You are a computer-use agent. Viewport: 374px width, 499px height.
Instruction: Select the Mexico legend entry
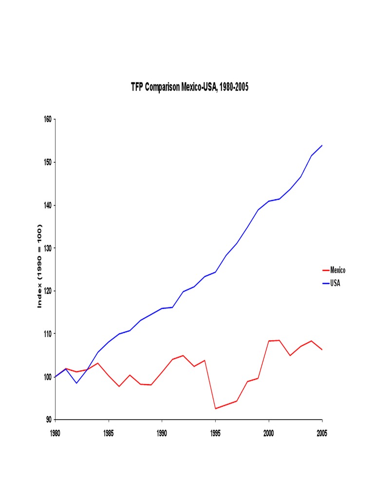[337, 270]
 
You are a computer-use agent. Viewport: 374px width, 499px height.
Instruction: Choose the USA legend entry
[335, 283]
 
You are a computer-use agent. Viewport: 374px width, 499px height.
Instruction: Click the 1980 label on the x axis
[56, 434]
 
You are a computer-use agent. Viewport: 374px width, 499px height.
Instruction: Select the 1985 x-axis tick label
[109, 434]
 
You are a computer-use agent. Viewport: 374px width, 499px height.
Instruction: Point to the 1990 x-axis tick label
[162, 434]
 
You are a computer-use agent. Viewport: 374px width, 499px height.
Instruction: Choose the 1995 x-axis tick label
[215, 434]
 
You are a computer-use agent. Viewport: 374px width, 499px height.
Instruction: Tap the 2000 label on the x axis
[269, 434]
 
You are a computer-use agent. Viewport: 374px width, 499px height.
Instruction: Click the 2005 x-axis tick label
[322, 434]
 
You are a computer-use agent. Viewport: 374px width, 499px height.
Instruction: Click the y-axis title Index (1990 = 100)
[40, 266]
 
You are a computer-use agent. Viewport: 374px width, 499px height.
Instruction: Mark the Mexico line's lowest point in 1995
[215, 408]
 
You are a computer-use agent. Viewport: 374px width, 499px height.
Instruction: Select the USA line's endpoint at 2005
[322, 145]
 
